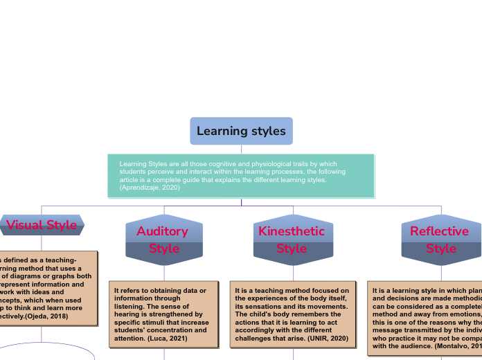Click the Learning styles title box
coord(241,131)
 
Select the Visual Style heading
coord(42,225)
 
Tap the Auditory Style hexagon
coord(164,240)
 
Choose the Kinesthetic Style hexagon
coord(292,240)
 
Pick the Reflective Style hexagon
coord(441,240)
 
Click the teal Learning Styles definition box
coord(241,176)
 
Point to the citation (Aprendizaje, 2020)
coord(150,188)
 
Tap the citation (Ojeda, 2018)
coord(46,316)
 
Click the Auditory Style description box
coord(164,314)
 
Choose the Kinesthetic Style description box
coord(292,314)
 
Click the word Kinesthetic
coord(292,231)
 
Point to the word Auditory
coord(162,231)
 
